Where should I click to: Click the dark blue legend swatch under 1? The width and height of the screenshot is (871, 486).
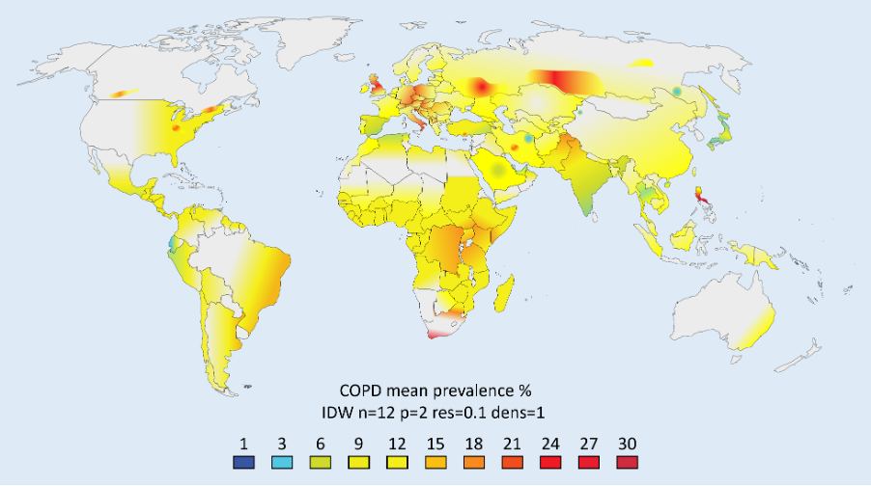point(244,462)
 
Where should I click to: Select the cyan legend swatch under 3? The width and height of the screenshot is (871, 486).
point(282,462)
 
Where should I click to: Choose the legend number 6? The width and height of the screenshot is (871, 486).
point(320,444)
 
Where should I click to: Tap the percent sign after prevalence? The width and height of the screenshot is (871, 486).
point(524,391)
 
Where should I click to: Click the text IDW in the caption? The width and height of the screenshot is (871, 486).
point(338,412)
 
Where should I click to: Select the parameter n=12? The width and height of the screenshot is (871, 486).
point(377,412)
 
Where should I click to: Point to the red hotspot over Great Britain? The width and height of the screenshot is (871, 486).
point(375,89)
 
